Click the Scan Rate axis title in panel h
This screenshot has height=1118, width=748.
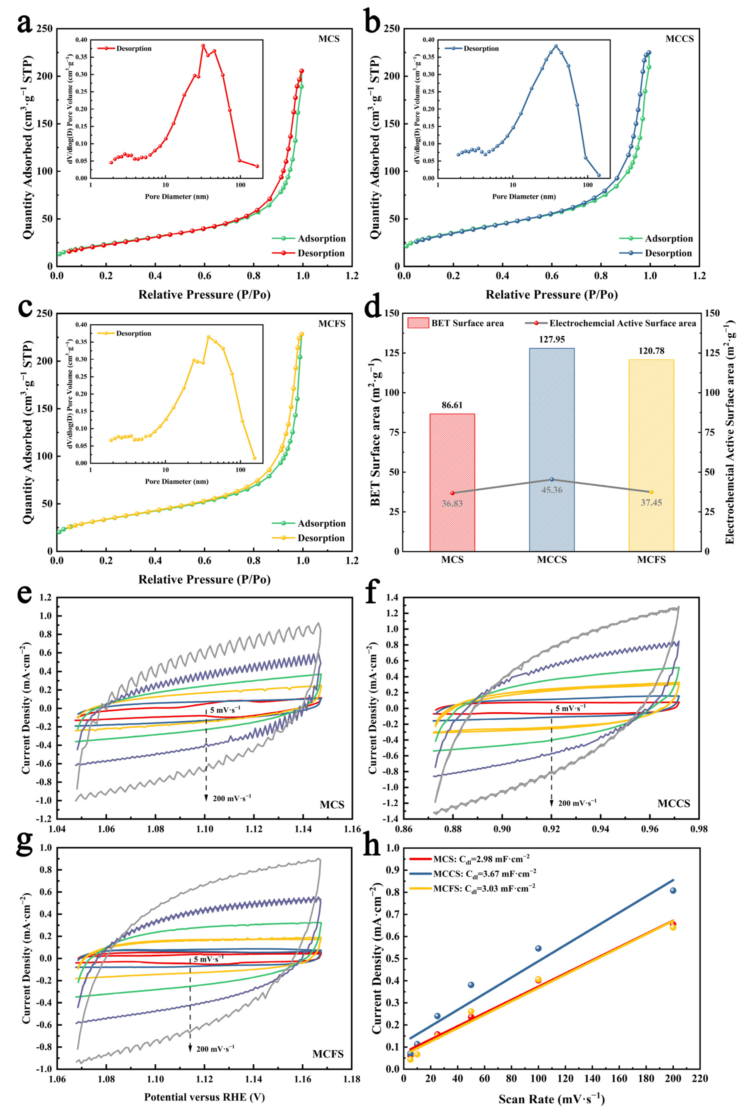551,1099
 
